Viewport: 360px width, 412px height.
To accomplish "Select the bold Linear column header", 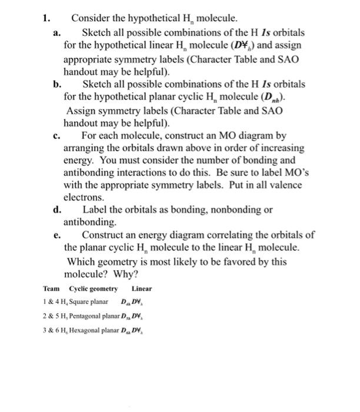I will tap(141, 288).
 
